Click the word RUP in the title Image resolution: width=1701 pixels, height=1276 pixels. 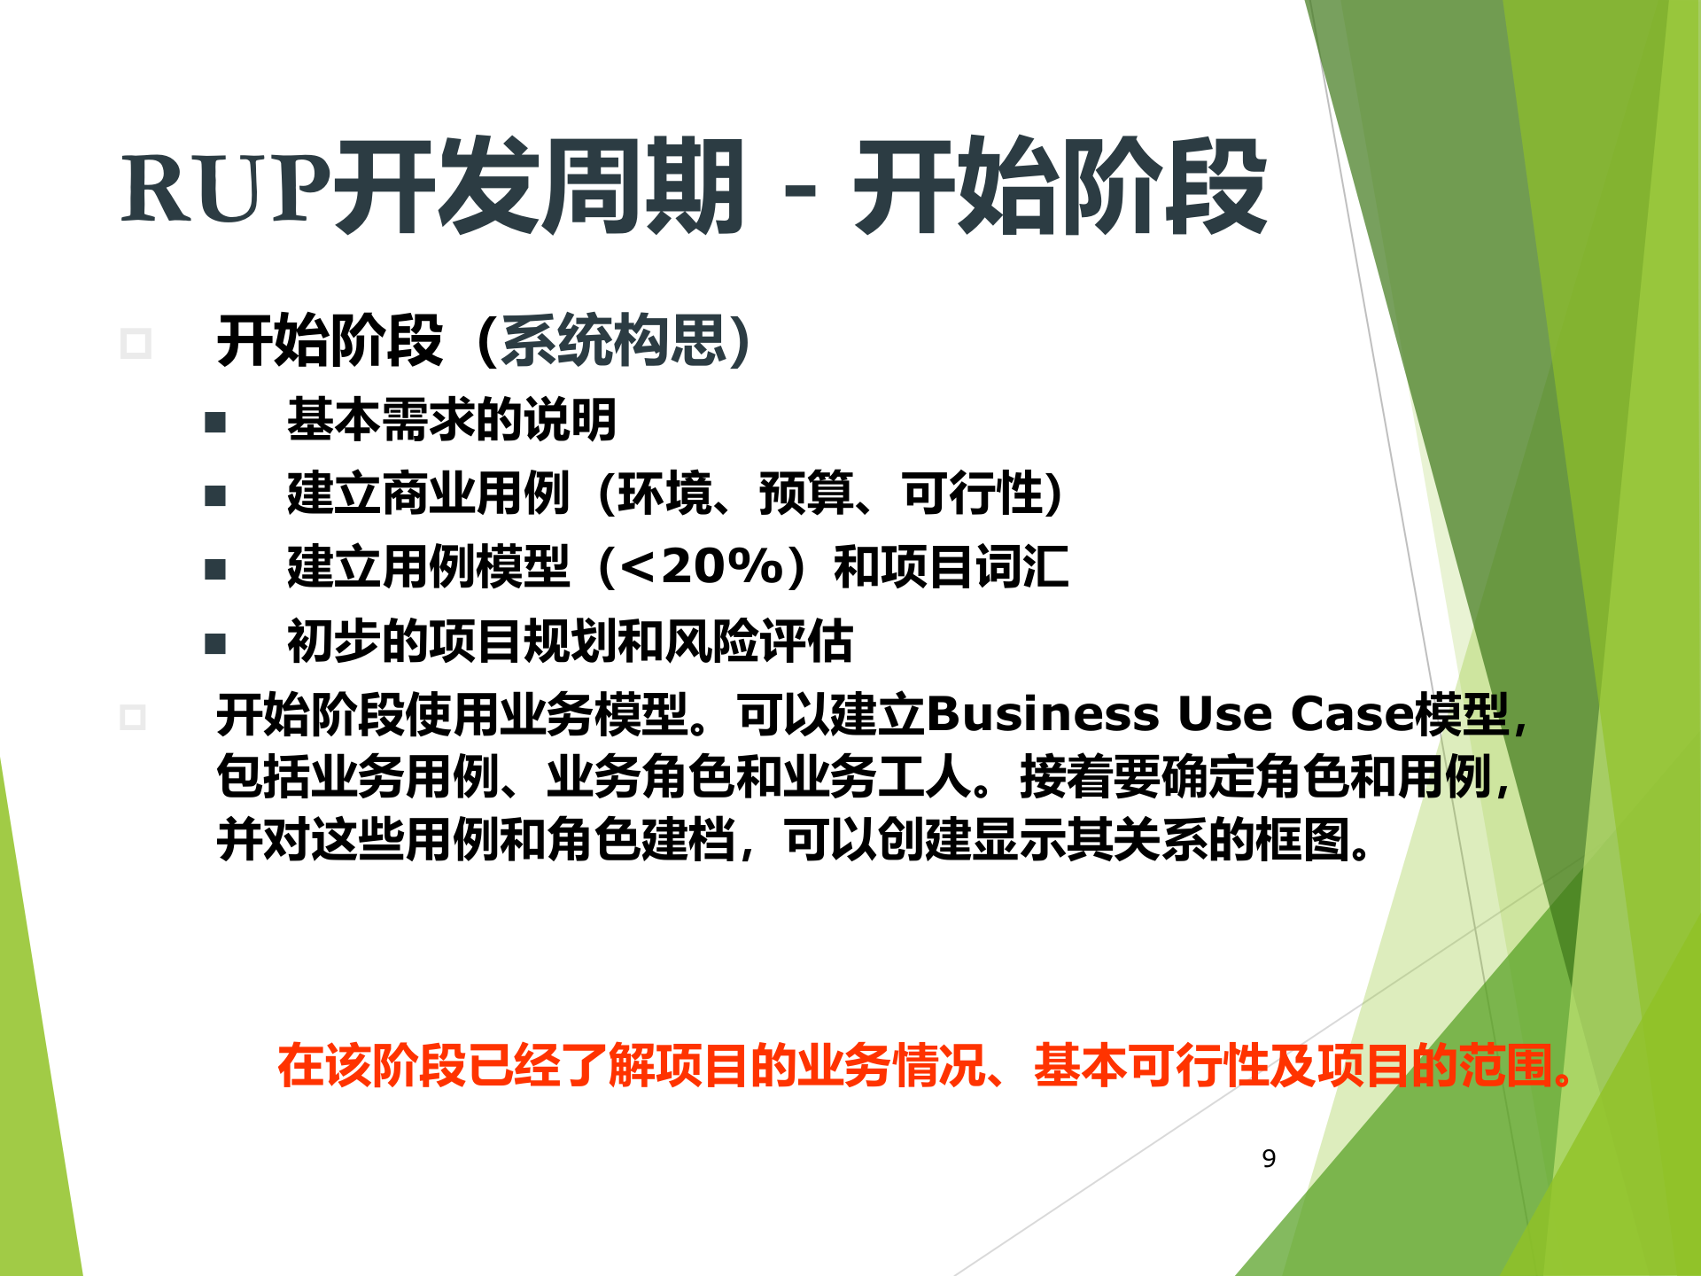[x=226, y=189]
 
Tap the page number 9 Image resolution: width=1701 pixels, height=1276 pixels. [x=1269, y=1158]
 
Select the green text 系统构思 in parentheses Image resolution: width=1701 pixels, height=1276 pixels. [x=613, y=340]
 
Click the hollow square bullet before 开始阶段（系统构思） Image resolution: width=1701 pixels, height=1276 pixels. [x=136, y=343]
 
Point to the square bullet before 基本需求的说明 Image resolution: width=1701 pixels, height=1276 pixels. [x=215, y=422]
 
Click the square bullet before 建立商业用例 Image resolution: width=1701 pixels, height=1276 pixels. [x=215, y=495]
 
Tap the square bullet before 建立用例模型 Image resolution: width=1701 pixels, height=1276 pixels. [x=215, y=569]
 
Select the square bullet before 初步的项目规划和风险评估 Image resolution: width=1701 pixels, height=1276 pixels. [x=215, y=643]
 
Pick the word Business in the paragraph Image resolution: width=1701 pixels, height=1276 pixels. [x=1043, y=714]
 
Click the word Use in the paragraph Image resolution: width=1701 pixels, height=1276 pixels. [x=1224, y=714]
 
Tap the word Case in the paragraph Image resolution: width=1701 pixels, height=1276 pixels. [x=1352, y=714]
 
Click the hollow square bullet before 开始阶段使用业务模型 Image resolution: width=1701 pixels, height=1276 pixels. [x=133, y=717]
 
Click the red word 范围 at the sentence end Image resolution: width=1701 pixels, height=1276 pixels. [x=1506, y=1065]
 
